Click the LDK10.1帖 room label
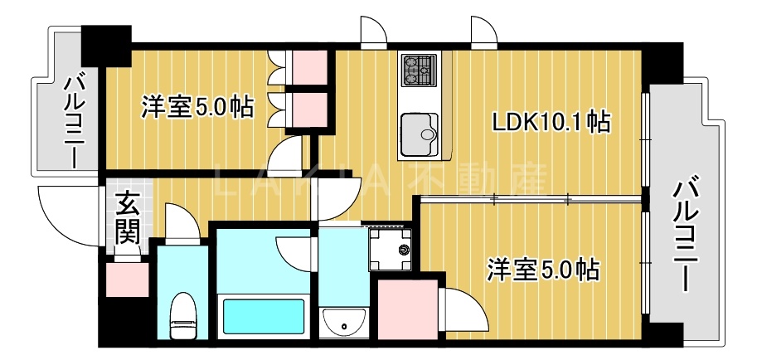click(x=551, y=124)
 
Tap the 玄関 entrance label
click(x=127, y=217)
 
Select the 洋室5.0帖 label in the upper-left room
click(x=197, y=107)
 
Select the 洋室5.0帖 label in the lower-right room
click(x=542, y=270)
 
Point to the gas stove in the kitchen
click(x=419, y=70)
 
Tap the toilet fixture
click(x=182, y=316)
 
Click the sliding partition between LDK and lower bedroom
click(x=531, y=198)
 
